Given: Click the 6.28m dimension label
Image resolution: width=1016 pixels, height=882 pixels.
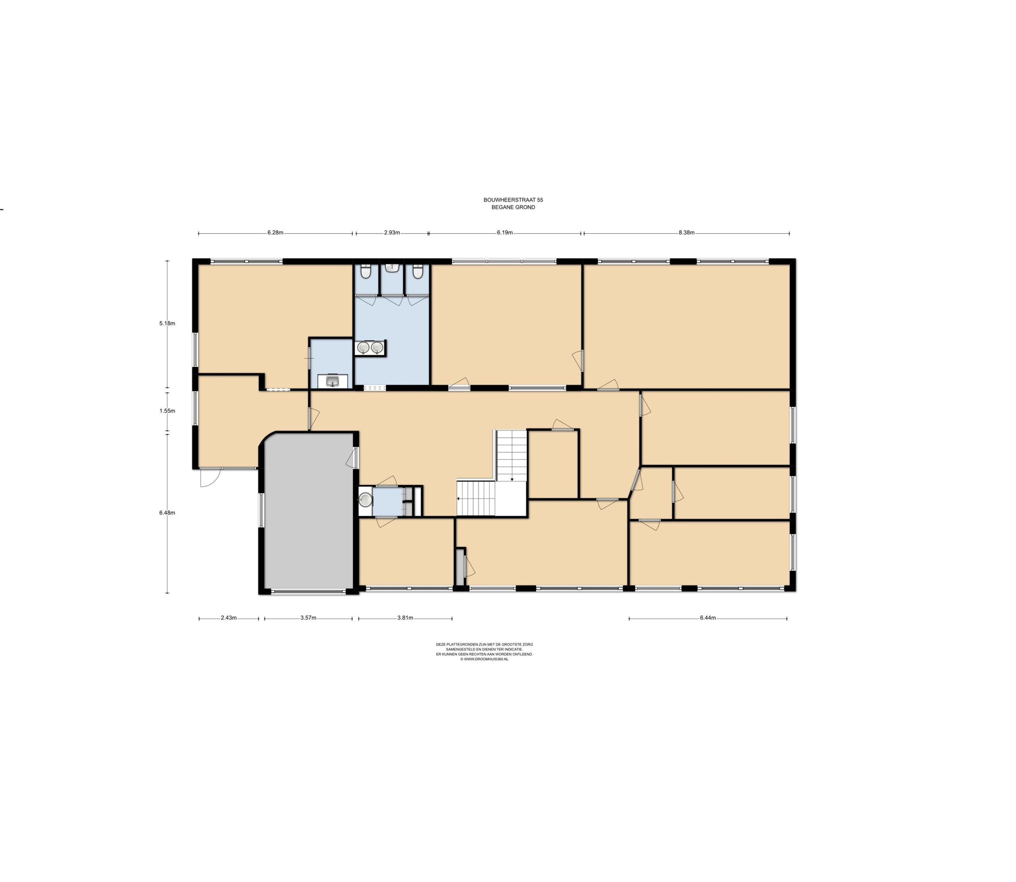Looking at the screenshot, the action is tap(275, 233).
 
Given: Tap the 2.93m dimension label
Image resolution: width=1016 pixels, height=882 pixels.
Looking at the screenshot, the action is tap(392, 233).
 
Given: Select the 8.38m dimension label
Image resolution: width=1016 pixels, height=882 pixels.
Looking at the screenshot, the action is tap(686, 233).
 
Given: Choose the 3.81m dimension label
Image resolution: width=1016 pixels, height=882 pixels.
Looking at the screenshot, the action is tap(405, 618).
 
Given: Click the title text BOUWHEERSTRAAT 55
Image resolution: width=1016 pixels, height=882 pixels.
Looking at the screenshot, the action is tap(513, 200).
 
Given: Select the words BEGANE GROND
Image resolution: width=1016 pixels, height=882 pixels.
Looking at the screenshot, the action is tap(513, 208).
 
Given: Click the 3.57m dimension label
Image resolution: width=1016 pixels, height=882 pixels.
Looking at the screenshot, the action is tap(308, 618).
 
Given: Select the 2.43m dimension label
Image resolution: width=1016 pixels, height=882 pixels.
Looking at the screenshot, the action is tap(229, 618).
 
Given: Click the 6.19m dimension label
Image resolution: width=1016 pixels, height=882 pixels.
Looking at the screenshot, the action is tap(505, 233).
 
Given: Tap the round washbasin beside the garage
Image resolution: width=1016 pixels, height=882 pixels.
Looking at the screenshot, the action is tap(365, 500).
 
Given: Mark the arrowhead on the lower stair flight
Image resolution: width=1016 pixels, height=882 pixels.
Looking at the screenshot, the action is tap(458, 499).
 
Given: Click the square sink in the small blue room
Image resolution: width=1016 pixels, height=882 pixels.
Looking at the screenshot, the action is tap(333, 381).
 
